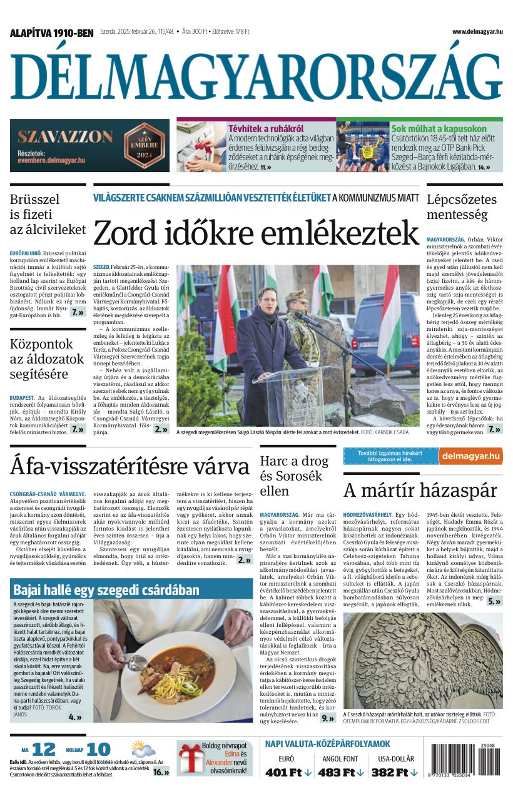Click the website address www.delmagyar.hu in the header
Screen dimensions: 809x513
pyautogui.click(x=477, y=32)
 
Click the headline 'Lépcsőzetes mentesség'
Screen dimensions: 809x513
pyautogui.click(x=462, y=207)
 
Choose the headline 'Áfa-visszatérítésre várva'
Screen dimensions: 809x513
pyautogui.click(x=130, y=467)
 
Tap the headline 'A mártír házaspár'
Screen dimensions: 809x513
pyautogui.click(x=420, y=490)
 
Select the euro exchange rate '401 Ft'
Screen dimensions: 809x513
pyautogui.click(x=288, y=772)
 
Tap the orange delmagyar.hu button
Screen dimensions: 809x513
pyautogui.click(x=470, y=455)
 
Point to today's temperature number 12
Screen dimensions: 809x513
pyautogui.click(x=44, y=749)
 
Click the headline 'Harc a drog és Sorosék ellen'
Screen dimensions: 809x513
pyautogui.click(x=294, y=476)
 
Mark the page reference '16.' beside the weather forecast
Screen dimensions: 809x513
pyautogui.click(x=161, y=771)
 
